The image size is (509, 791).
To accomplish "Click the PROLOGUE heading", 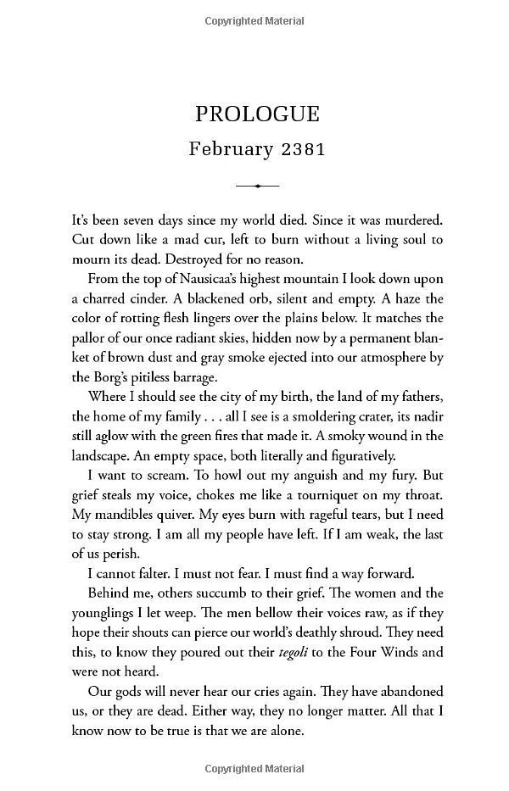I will pyautogui.click(x=256, y=114).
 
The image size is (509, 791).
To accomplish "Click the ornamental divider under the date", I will pyautogui.click(x=256, y=186).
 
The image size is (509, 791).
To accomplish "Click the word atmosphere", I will pyautogui.click(x=381, y=357).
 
